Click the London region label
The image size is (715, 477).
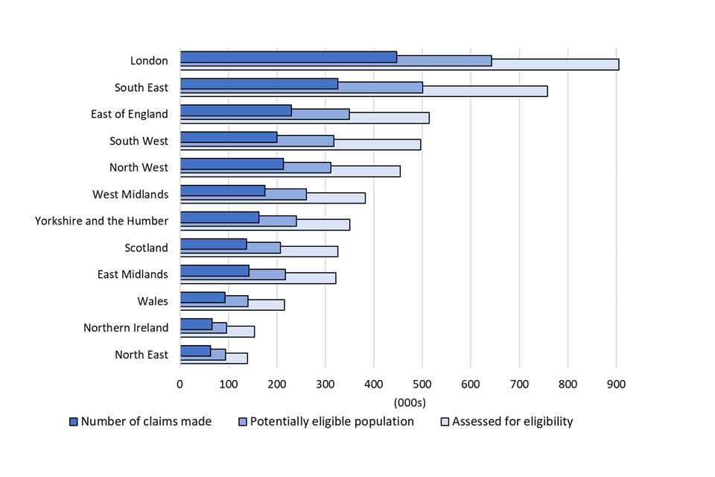[x=149, y=61]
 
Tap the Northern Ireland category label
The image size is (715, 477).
[x=126, y=328]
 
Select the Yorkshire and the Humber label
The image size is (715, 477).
[x=101, y=221]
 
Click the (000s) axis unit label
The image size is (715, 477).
[x=410, y=402]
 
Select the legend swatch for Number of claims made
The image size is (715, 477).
[x=73, y=422]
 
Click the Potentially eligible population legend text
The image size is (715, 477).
[x=331, y=422]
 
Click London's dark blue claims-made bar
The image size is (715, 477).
[x=288, y=57]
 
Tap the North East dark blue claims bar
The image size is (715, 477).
[x=195, y=350]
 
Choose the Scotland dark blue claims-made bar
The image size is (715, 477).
[x=213, y=244]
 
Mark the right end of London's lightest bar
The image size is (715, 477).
[x=617, y=64]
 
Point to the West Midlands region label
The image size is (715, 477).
[x=130, y=195]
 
